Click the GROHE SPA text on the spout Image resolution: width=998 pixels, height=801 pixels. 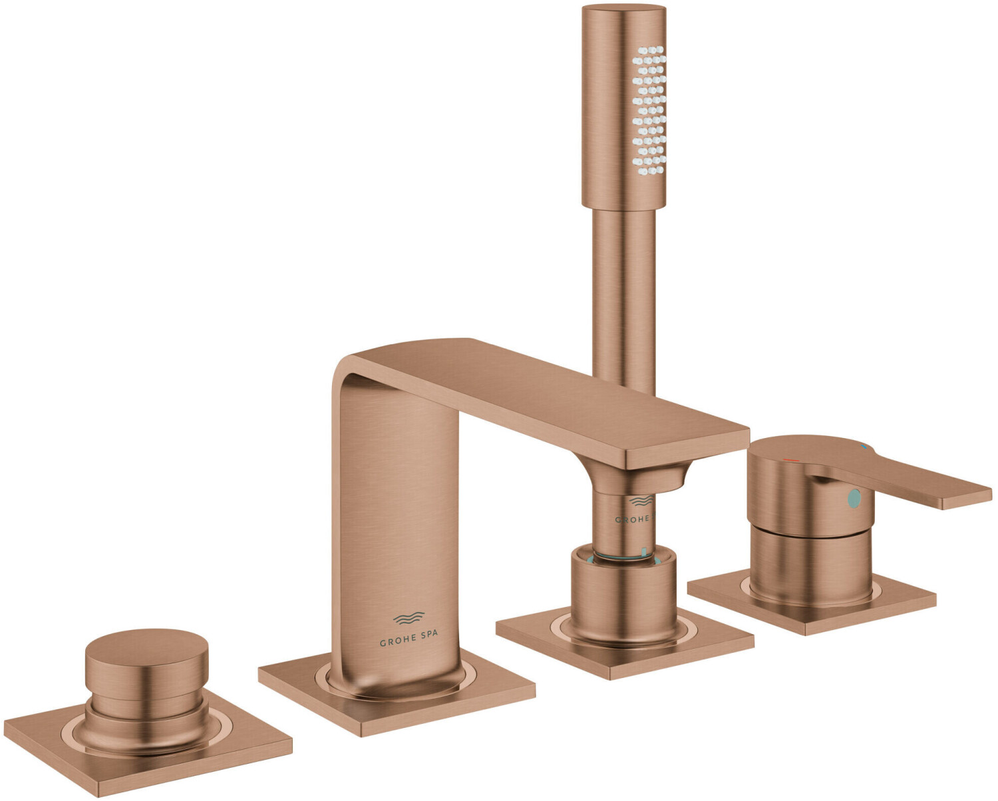pyautogui.click(x=409, y=643)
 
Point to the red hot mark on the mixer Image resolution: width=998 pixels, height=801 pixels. pyautogui.click(x=791, y=459)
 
